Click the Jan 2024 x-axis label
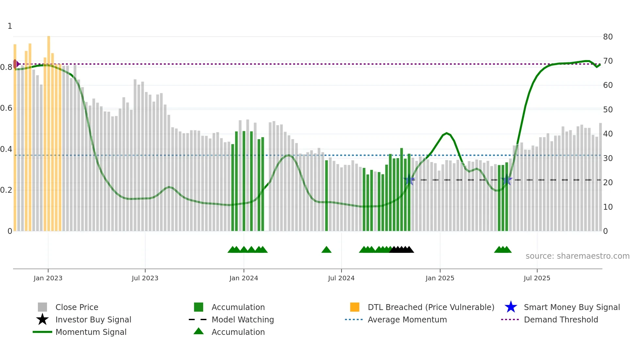click(x=244, y=278)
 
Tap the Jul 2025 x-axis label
click(x=537, y=278)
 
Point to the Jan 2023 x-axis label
click(x=48, y=278)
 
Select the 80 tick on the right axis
click(x=608, y=37)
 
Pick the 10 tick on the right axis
click(x=608, y=207)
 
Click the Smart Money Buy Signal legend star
click(x=511, y=307)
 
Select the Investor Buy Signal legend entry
click(x=93, y=319)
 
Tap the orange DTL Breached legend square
click(x=355, y=307)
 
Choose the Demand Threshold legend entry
click(x=561, y=319)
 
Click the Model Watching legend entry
click(x=242, y=319)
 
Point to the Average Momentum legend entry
click(x=407, y=319)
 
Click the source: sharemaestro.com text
click(x=577, y=256)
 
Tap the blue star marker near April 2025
click(x=507, y=180)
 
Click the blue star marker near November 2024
click(x=409, y=180)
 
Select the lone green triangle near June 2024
click(x=326, y=250)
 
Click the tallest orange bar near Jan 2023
click(x=49, y=131)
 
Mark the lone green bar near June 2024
click(x=326, y=196)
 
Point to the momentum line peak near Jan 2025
click(x=447, y=133)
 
